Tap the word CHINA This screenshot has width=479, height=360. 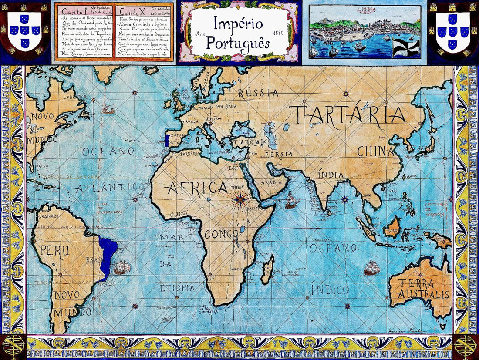tap(376, 151)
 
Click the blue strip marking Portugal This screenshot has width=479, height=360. tap(166, 140)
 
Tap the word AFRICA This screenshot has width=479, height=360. tap(197, 188)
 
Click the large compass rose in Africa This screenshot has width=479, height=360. tap(239, 200)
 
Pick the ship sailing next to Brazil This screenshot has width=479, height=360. tap(122, 266)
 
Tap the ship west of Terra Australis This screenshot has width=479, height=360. tap(372, 267)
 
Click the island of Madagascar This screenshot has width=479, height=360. tap(268, 267)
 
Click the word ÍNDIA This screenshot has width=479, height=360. tap(331, 175)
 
